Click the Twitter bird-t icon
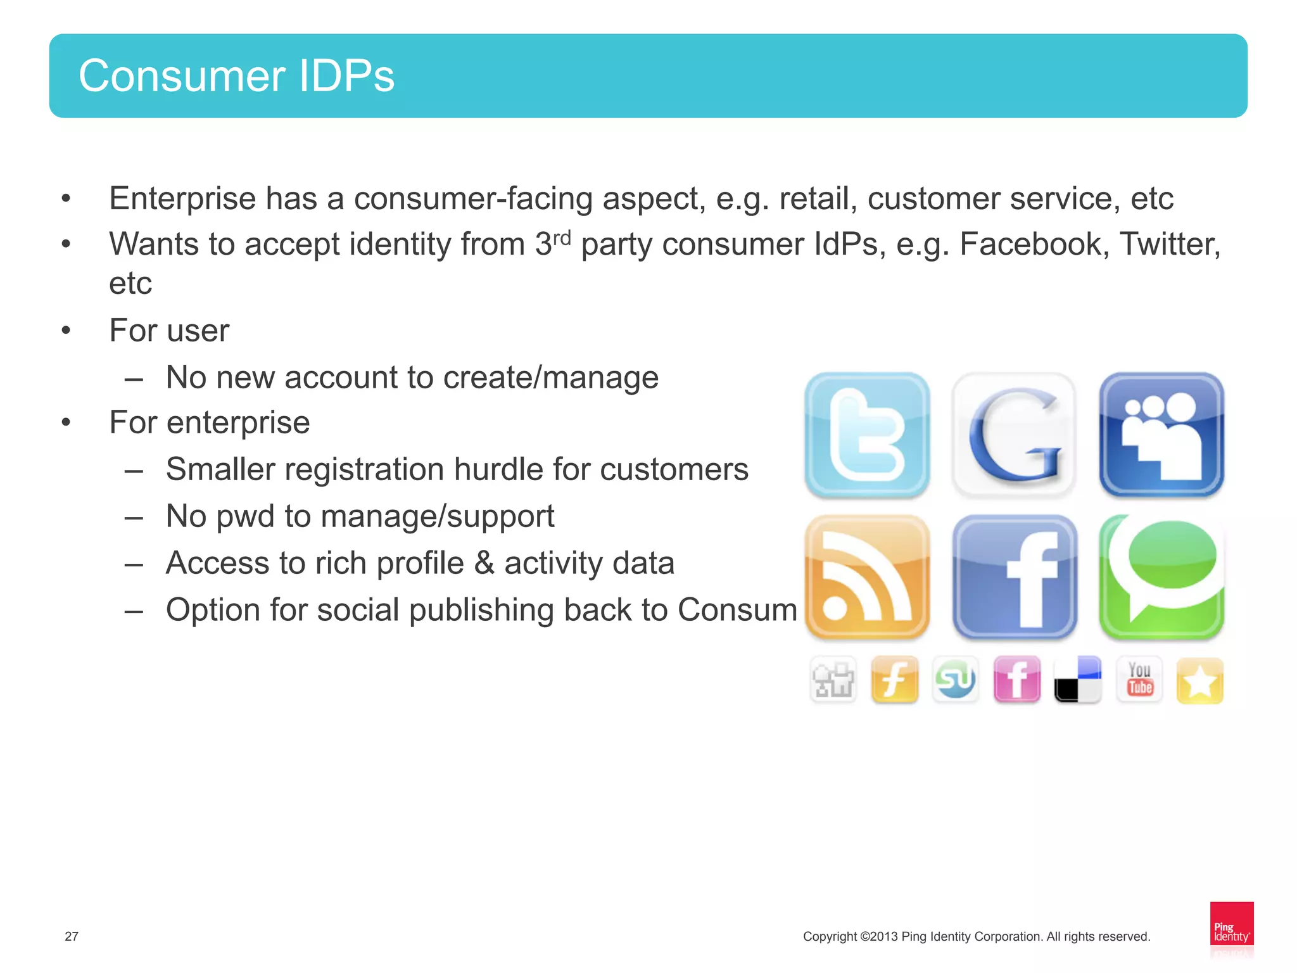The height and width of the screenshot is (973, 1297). coord(866,435)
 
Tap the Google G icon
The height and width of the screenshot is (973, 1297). coord(1014,435)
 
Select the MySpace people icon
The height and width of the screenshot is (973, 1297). coord(1161,435)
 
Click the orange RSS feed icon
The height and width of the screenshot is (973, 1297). coord(866,577)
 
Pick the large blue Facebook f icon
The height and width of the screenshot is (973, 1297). coord(1014,577)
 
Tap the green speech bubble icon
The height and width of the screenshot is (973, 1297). coord(1161,577)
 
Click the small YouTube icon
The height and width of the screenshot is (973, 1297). coord(1139,680)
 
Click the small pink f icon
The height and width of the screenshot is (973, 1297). coord(1016,680)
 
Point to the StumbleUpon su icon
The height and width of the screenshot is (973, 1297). coord(955,680)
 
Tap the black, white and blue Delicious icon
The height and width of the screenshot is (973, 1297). coord(1077,680)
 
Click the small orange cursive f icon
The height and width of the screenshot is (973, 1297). coord(894,680)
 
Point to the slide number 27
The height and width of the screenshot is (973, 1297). coord(72,936)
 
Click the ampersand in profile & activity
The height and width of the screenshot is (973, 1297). coord(484,563)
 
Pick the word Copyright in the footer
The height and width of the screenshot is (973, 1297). coord(830,936)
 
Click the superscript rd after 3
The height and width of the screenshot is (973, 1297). coord(562,238)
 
